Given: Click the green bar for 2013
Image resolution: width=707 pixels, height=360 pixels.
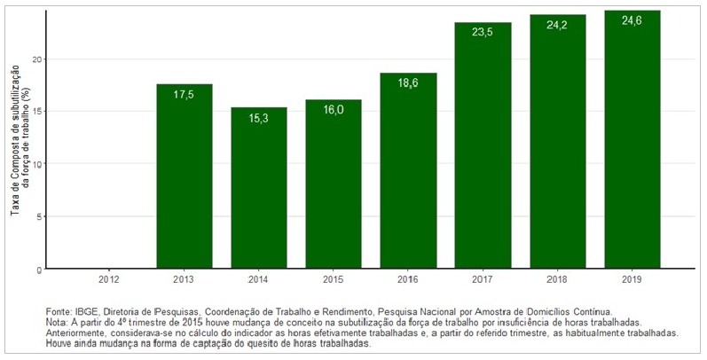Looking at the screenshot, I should coord(184,177).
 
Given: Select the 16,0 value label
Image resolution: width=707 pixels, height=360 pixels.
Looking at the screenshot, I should coord(334,111).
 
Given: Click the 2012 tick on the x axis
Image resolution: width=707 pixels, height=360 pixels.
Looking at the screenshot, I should coord(109,281).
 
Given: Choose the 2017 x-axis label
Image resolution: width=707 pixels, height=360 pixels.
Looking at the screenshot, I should coord(483,281).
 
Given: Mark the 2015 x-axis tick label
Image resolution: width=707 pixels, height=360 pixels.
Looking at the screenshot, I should coord(334,281).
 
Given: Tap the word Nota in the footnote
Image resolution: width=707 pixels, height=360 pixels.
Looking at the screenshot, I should coord(56,323).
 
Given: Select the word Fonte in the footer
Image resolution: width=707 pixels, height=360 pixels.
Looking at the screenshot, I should coord(59,312).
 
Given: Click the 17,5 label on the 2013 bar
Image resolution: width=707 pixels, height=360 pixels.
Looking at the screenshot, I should coord(184,95).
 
